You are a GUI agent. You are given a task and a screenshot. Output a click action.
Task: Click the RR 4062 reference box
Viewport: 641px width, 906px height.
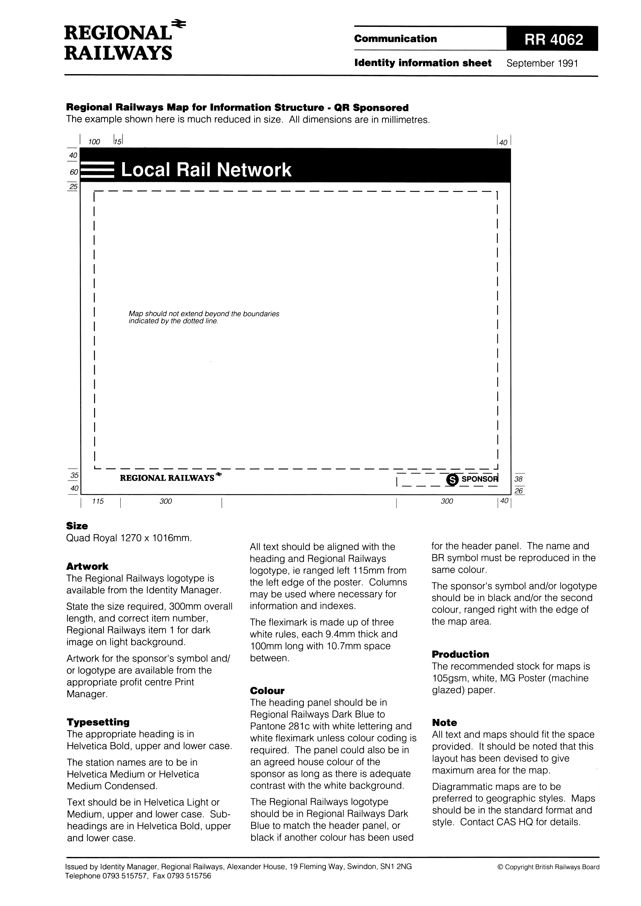552,39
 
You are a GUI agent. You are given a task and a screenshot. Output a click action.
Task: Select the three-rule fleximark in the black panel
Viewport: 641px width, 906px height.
99,170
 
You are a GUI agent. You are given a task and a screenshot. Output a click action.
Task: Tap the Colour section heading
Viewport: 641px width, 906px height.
267,691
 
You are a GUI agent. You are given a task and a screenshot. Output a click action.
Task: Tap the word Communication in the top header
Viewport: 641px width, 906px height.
395,39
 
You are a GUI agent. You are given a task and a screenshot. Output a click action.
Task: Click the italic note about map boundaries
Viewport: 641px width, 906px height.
204,317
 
